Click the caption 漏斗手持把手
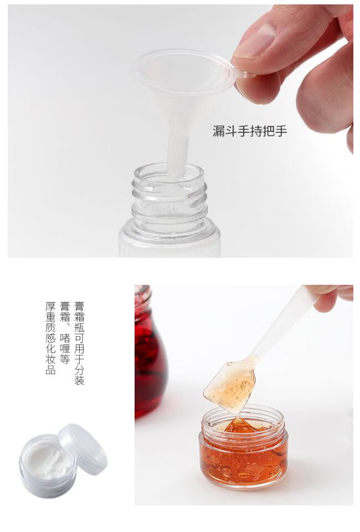coord(250,131)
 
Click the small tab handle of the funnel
coord(243,73)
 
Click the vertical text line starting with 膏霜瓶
coord(79,343)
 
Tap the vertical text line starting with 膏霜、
coord(65,332)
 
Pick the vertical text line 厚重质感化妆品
coord(50,338)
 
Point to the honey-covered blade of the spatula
coord(231,386)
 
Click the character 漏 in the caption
coord(219,131)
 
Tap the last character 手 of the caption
coord(281,131)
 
